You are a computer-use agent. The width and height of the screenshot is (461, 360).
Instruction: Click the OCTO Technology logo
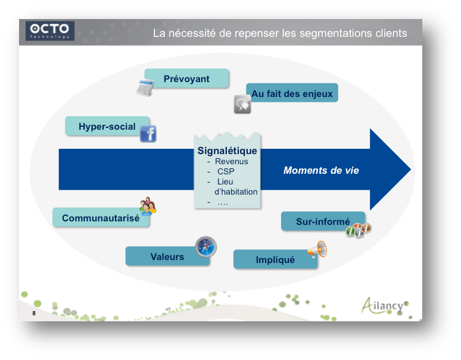pos(51,30)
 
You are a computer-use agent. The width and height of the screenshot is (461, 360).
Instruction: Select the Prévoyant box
pos(186,79)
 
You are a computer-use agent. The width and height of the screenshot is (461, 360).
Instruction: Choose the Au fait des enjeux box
pos(292,93)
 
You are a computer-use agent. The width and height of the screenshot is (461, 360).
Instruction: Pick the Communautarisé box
pos(100,218)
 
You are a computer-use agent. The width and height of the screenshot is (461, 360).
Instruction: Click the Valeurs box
pos(167,256)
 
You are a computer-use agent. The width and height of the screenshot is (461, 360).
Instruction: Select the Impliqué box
pos(275,259)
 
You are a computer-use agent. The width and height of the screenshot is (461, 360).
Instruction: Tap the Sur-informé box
pos(322,221)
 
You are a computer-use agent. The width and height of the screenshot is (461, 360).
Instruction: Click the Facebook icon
pos(148,133)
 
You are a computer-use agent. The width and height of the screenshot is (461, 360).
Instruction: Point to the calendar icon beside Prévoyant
pos(145,87)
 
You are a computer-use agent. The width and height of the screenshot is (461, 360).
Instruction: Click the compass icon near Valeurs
pos(205,247)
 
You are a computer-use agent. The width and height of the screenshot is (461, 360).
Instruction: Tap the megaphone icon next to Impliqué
pos(317,251)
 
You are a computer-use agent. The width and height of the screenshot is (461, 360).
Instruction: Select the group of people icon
pos(148,206)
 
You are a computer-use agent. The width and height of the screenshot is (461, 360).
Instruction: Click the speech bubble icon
pos(242,104)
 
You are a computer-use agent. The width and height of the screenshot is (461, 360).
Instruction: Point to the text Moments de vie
pos(321,171)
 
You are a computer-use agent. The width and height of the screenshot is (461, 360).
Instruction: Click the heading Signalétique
pos(227,151)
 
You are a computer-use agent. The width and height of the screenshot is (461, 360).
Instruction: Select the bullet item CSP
pos(226,171)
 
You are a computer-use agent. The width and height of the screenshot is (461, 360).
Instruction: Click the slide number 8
pos(34,314)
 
